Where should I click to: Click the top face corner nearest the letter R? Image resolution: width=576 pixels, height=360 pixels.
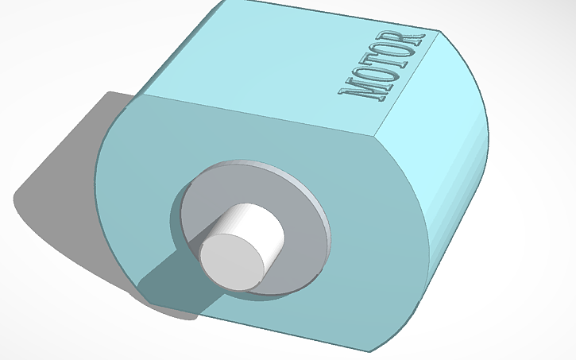439,32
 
